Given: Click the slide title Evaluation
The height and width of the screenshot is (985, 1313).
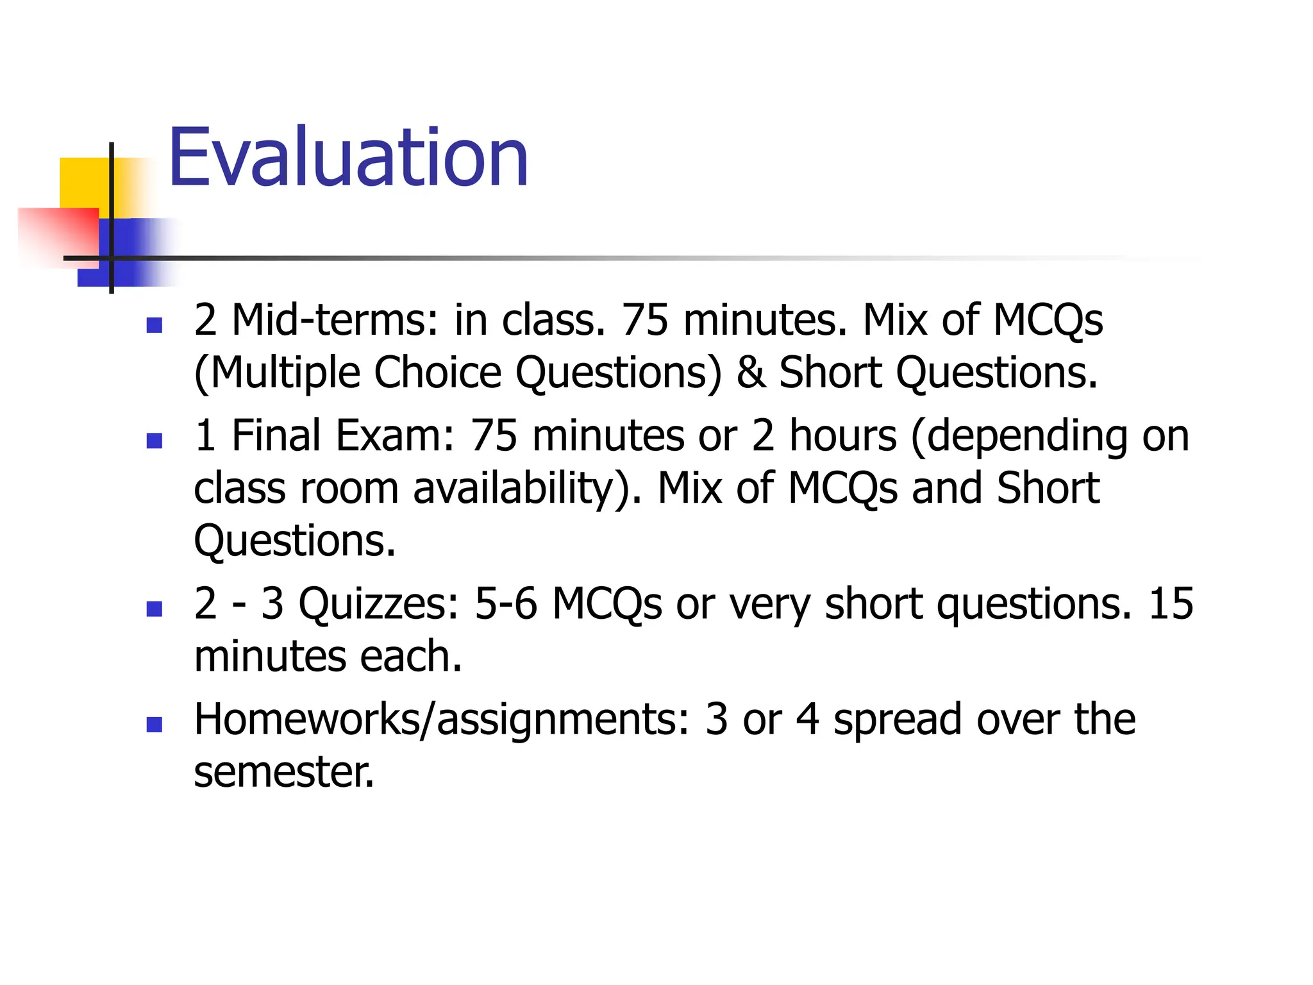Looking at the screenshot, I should tap(348, 158).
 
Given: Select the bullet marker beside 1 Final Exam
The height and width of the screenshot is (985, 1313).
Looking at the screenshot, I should tap(154, 441).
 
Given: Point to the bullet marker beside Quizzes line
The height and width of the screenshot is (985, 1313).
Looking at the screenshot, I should tap(154, 609).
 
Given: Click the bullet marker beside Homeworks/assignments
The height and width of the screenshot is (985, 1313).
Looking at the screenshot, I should tap(154, 724).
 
